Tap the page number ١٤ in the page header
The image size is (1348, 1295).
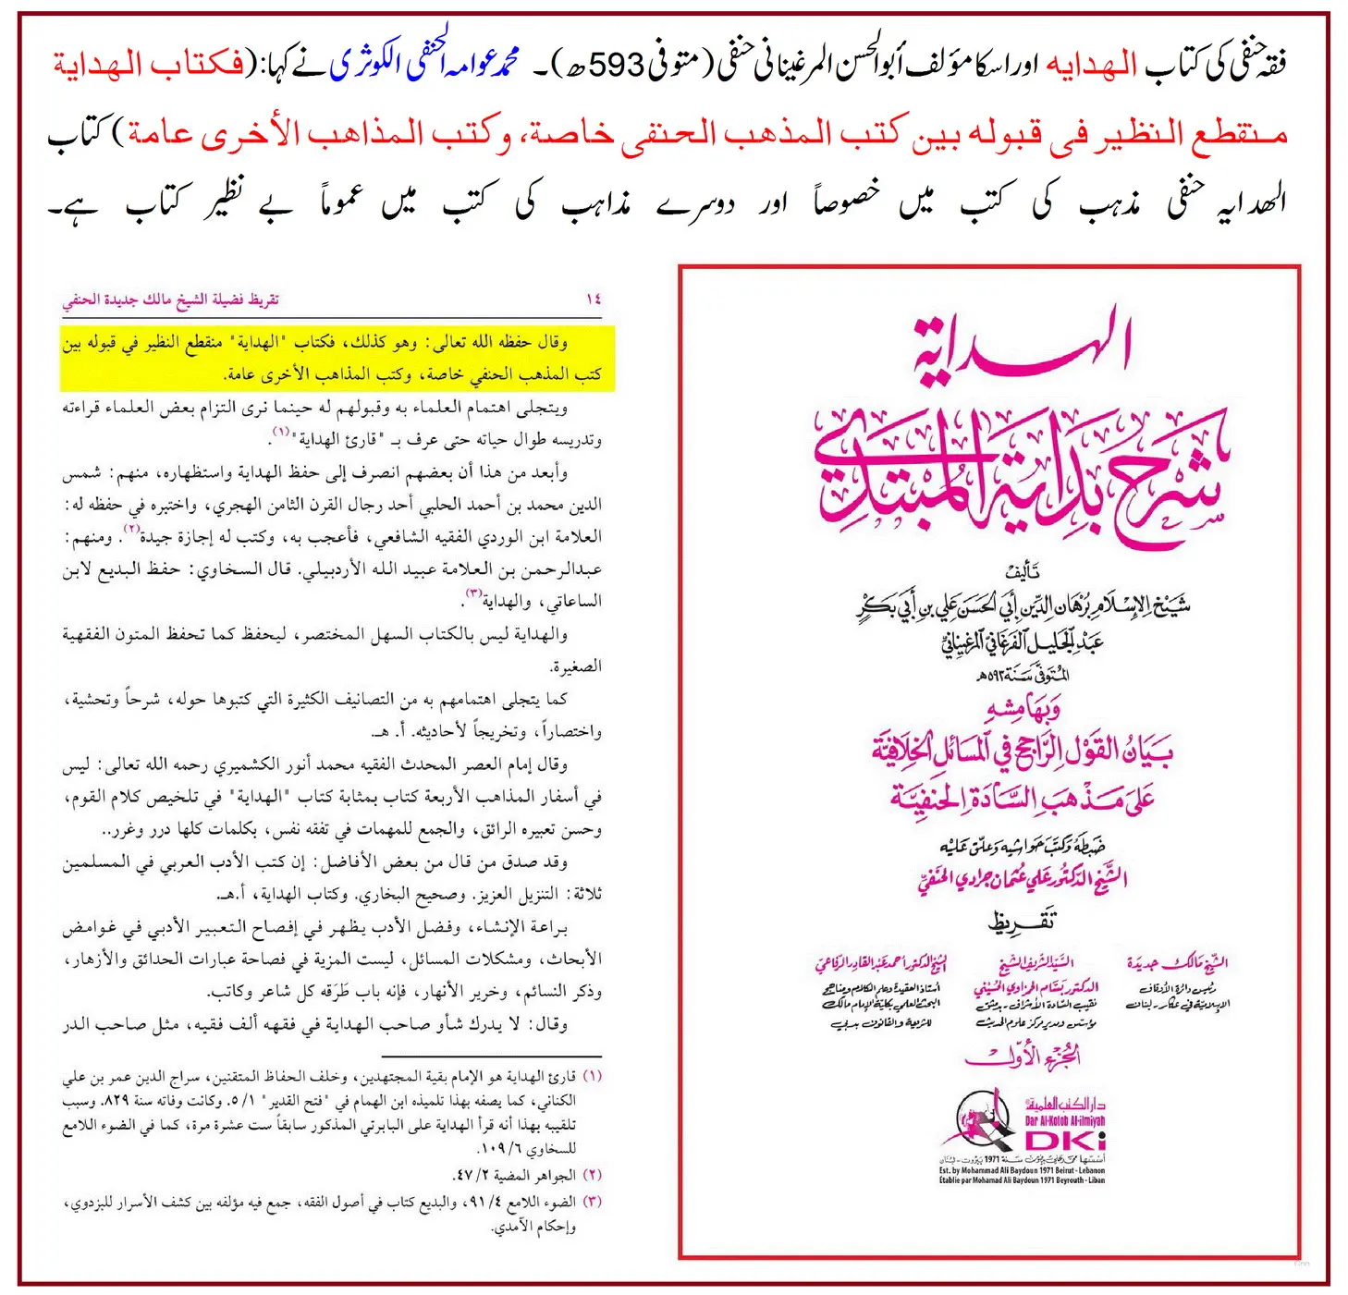(594, 299)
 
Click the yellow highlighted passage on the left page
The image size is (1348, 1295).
(337, 358)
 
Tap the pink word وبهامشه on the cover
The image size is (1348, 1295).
(1022, 709)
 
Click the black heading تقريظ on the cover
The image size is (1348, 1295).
(1022, 922)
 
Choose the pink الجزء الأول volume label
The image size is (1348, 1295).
(1022, 1056)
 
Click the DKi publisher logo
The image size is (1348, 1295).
(1063, 1141)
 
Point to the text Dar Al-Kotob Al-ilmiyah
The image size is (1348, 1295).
(1065, 1120)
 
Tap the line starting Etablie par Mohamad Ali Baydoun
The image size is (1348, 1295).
(1022, 1180)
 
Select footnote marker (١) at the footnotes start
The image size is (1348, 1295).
(592, 1077)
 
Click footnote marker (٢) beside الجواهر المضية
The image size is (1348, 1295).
(592, 1175)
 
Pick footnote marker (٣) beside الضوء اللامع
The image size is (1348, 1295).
(592, 1202)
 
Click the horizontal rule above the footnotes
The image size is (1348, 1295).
(490, 1056)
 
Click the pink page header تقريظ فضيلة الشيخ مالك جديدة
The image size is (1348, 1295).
(171, 299)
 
